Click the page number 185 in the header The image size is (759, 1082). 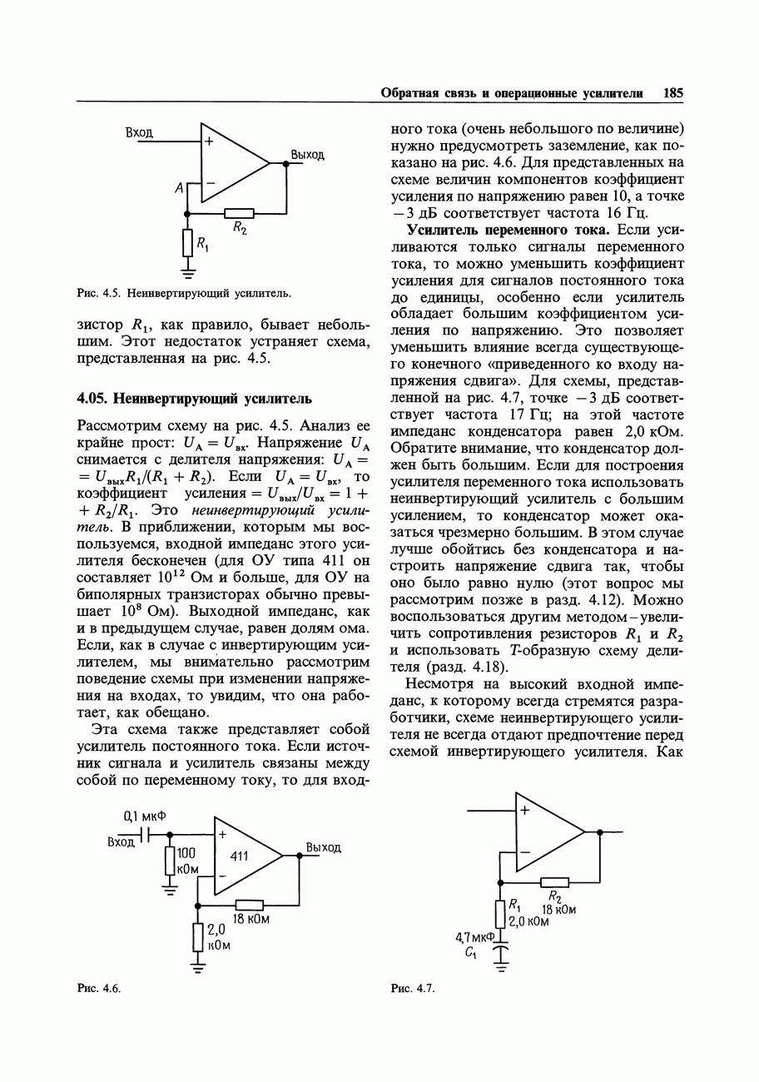click(672, 92)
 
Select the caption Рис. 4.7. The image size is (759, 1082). click(414, 988)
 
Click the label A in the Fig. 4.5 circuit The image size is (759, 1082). click(178, 189)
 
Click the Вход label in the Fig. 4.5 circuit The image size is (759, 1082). click(139, 132)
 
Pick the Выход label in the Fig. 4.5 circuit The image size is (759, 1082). click(307, 155)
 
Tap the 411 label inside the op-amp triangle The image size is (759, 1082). click(239, 855)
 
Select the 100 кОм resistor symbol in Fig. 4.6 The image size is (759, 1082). click(170, 861)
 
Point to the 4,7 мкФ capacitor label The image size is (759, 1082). click(474, 937)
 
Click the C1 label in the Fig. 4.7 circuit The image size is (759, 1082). click(471, 952)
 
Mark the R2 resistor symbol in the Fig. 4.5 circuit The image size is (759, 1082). click(239, 213)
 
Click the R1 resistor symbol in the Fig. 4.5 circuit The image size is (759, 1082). click(187, 242)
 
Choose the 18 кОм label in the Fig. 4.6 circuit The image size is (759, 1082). click(251, 919)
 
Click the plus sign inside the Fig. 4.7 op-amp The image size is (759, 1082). click(525, 809)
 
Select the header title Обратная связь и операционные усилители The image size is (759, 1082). click(512, 92)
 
